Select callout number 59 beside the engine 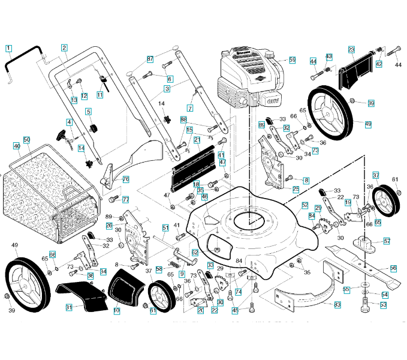pyautogui.click(x=292, y=60)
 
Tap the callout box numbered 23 pyautogui.click(x=351, y=49)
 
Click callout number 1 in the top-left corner pyautogui.click(x=8, y=47)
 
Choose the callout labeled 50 pyautogui.click(x=26, y=140)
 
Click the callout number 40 pyautogui.click(x=16, y=146)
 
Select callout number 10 pyautogui.click(x=116, y=310)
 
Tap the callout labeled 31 pyautogui.click(x=69, y=307)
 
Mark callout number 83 pyautogui.click(x=337, y=305)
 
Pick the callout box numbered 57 pyautogui.click(x=387, y=241)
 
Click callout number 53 pyautogui.click(x=383, y=305)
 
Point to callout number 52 pyautogui.click(x=305, y=205)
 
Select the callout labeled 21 pyautogui.click(x=197, y=140)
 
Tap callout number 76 pyautogui.click(x=126, y=179)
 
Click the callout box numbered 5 pyautogui.click(x=88, y=112)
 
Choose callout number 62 pyautogui.click(x=195, y=253)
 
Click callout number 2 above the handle pyautogui.click(x=64, y=47)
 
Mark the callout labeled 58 pyautogui.click(x=159, y=269)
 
